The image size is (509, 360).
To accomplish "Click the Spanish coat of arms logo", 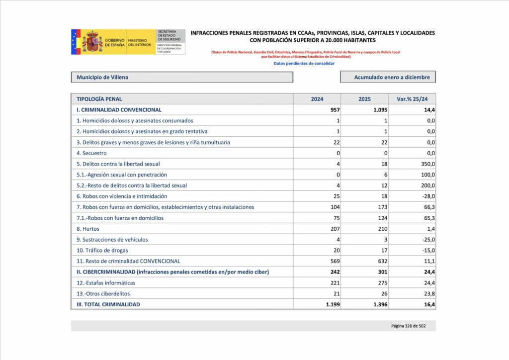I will pos(92,42).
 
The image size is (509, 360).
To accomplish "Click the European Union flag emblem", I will pos(76,42).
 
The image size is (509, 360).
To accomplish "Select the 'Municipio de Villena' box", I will pos(182,77).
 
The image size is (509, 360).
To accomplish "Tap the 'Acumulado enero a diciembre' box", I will pos(388,77).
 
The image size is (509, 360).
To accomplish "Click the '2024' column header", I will pos(317,99).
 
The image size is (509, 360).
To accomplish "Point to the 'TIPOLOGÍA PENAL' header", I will pos(99,99).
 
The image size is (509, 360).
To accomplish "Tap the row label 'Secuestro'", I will pos(91,153).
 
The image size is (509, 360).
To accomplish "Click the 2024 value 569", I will pos(334,261).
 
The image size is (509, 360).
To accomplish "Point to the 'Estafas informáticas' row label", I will pos(106,283).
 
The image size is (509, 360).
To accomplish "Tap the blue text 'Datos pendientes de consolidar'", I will pos(304,63).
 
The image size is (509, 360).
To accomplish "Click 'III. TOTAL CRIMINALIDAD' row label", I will pos(108,304).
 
